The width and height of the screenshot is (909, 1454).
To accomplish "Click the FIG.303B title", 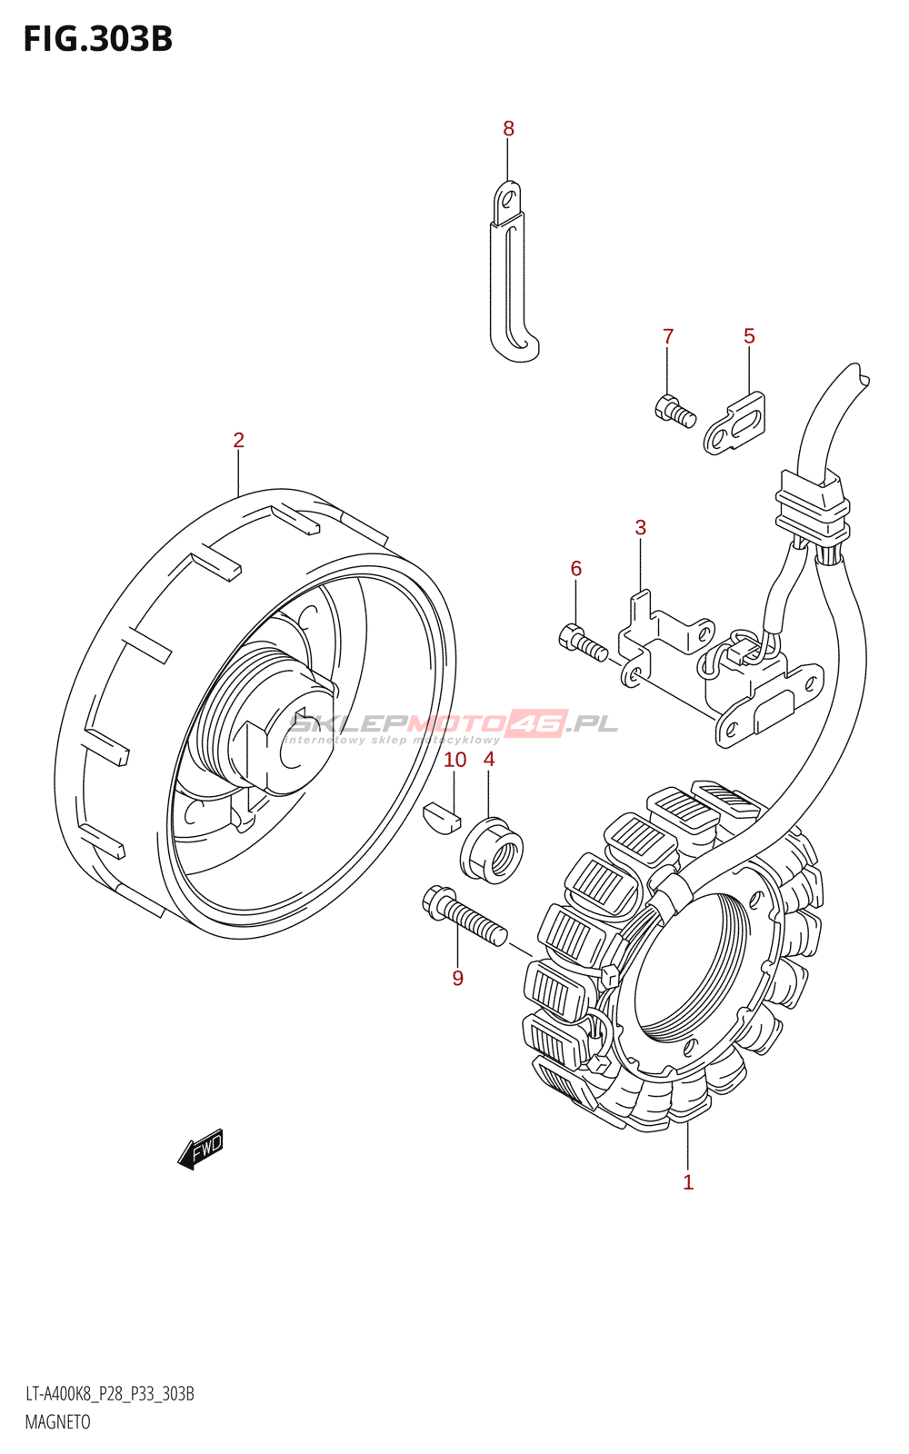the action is click(x=98, y=39).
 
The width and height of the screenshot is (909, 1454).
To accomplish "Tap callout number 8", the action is click(x=508, y=128).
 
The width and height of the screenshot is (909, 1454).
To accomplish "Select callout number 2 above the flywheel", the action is click(x=238, y=440).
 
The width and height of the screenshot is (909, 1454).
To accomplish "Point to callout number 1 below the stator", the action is click(x=688, y=1182).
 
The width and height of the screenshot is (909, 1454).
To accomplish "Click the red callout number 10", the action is click(x=455, y=760).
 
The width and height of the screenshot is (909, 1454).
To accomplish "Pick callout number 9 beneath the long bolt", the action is click(x=458, y=978).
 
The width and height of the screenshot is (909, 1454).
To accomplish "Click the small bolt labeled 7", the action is click(x=675, y=411).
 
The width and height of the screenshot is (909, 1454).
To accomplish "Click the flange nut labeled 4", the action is click(x=492, y=850).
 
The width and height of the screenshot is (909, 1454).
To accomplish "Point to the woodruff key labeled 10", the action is click(x=442, y=819).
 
